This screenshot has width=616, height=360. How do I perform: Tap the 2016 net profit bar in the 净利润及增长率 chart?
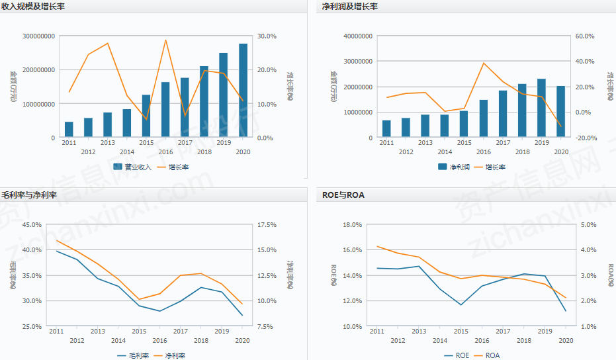(x=483, y=119)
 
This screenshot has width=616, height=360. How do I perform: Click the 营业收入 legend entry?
(x=132, y=167)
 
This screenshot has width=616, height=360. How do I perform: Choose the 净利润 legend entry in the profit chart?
(x=453, y=167)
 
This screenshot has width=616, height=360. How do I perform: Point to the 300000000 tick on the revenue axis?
(x=40, y=36)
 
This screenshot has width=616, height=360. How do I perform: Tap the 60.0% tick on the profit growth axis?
(x=586, y=36)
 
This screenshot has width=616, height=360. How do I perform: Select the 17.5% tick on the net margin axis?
(x=265, y=225)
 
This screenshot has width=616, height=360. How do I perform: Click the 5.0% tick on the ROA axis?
(x=586, y=225)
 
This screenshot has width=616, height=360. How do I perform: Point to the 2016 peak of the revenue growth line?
(x=165, y=40)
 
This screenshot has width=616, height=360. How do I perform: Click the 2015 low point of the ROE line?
(x=461, y=305)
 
